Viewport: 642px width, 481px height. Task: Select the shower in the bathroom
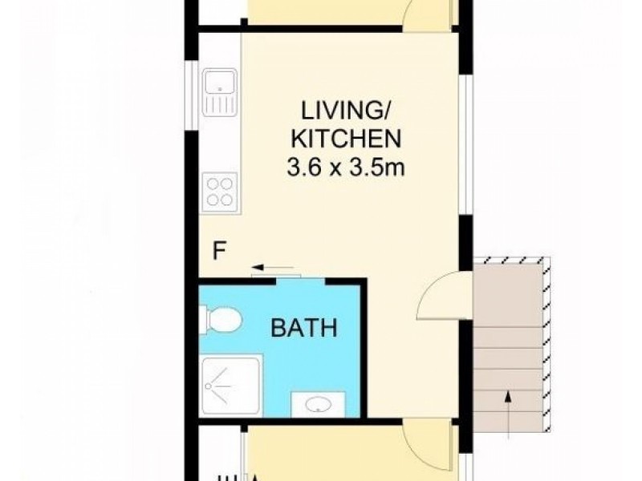tap(230, 386)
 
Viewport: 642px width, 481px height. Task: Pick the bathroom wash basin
tap(318, 404)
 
